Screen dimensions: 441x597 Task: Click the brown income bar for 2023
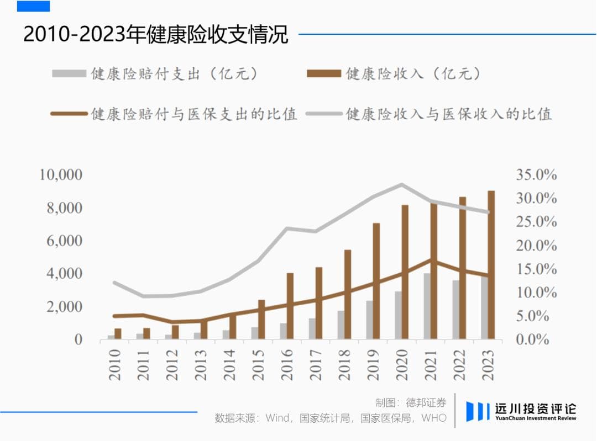coord(491,265)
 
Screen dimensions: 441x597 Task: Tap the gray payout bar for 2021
coord(427,306)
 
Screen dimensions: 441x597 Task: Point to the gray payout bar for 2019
coord(369,320)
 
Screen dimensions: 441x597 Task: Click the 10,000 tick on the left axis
coord(61,175)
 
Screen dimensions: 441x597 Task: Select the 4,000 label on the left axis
coord(61,274)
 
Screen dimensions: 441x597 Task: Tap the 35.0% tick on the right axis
coord(536,175)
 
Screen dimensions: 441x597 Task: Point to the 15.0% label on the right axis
coord(536,269)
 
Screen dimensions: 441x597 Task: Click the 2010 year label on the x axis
coord(115,365)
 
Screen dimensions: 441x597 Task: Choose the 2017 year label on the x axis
coord(316,365)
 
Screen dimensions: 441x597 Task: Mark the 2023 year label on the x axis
coord(488,365)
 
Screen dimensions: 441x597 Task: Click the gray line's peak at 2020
coord(402,184)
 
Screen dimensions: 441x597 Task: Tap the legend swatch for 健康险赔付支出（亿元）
coord(69,73)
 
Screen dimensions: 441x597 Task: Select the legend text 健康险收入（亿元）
coord(412,73)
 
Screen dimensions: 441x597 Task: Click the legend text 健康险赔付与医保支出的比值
coord(194,114)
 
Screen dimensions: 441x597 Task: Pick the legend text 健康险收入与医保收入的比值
coord(449,114)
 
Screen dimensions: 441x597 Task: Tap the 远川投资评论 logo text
coord(534,409)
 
